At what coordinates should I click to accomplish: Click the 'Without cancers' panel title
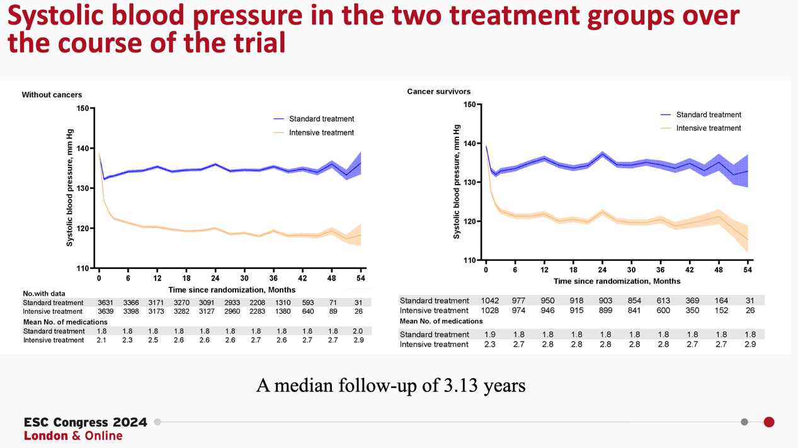(52, 95)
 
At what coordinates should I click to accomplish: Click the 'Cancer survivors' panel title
(438, 91)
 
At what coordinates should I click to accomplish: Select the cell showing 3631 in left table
(105, 303)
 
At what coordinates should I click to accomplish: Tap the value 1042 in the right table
(490, 301)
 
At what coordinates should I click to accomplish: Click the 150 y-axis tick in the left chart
(83, 108)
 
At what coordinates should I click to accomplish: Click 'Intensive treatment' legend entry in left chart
(321, 133)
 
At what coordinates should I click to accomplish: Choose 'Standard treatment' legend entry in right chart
(709, 115)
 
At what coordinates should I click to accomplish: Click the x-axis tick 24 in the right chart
(603, 270)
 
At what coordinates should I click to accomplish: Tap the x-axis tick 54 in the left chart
(361, 279)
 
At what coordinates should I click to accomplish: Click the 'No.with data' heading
(44, 294)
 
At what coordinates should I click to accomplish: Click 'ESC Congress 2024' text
(86, 422)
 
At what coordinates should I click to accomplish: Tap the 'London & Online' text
(73, 436)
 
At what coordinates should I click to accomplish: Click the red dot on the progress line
(769, 422)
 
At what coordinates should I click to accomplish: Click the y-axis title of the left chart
(70, 187)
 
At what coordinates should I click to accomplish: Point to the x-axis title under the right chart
(617, 282)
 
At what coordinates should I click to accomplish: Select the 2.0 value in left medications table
(358, 331)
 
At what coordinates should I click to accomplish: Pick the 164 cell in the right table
(721, 301)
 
